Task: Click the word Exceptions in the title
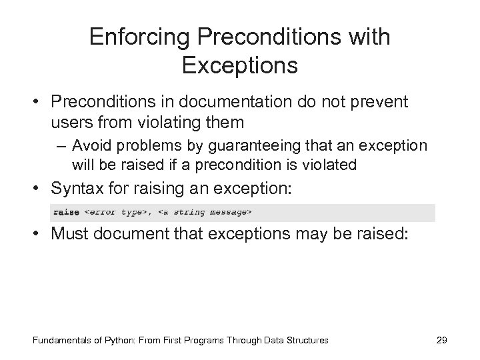pos(239,67)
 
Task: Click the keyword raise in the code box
pos(65,213)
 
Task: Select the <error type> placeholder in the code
pos(115,213)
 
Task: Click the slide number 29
pos(441,341)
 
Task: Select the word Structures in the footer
pos(307,341)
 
